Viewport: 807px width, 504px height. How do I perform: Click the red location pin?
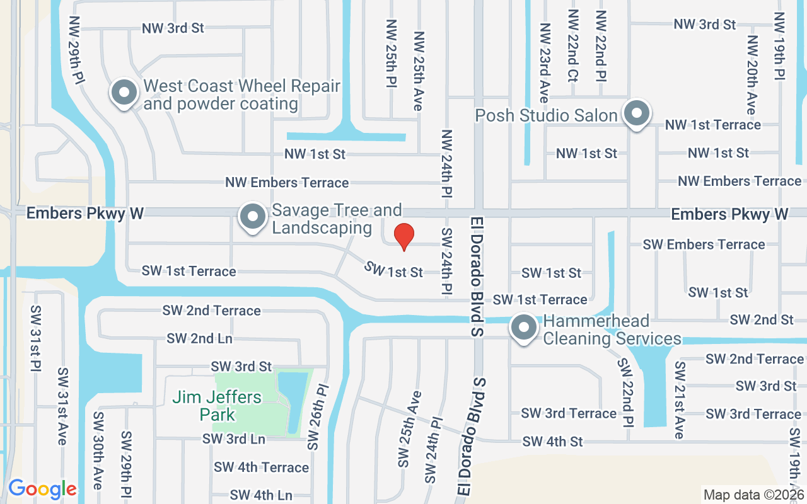[x=403, y=236]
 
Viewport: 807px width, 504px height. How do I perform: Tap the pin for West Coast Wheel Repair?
[x=124, y=93]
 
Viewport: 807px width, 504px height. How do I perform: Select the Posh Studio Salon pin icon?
[x=637, y=114]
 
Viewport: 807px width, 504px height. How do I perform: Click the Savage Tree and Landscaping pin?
[x=253, y=217]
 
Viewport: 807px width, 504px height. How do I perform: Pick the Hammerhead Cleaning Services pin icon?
[x=523, y=328]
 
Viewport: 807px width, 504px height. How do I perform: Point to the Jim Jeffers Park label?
[x=217, y=406]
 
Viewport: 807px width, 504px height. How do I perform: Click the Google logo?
[x=42, y=489]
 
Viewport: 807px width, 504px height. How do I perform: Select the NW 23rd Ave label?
[x=544, y=62]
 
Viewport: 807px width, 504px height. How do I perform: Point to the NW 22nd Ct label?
[x=572, y=45]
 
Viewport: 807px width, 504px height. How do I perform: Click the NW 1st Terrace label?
[x=713, y=125]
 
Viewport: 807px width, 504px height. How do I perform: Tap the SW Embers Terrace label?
[x=704, y=244]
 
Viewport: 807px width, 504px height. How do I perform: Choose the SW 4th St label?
[x=552, y=442]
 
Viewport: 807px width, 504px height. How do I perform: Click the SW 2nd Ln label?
[x=199, y=338]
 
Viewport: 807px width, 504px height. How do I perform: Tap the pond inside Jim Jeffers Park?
[x=293, y=400]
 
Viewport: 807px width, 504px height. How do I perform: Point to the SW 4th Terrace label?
[x=261, y=467]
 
